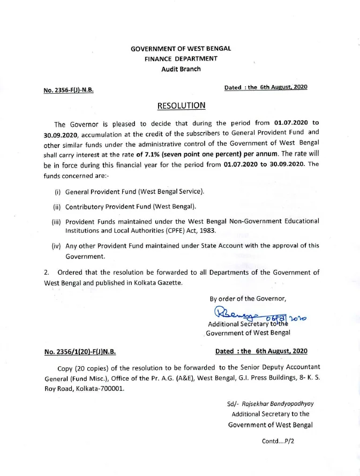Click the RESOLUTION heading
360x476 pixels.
click(x=181, y=105)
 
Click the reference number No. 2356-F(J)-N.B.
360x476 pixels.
click(x=68, y=90)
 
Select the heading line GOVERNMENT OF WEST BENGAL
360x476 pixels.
click(x=181, y=49)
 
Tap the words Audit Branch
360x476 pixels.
click(x=181, y=69)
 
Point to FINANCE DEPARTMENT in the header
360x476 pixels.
click(x=181, y=59)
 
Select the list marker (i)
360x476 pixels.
click(x=57, y=192)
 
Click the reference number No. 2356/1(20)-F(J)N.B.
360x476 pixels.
click(x=80, y=352)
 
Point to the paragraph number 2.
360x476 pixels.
click(x=47, y=273)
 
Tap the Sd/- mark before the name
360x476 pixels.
click(x=232, y=404)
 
